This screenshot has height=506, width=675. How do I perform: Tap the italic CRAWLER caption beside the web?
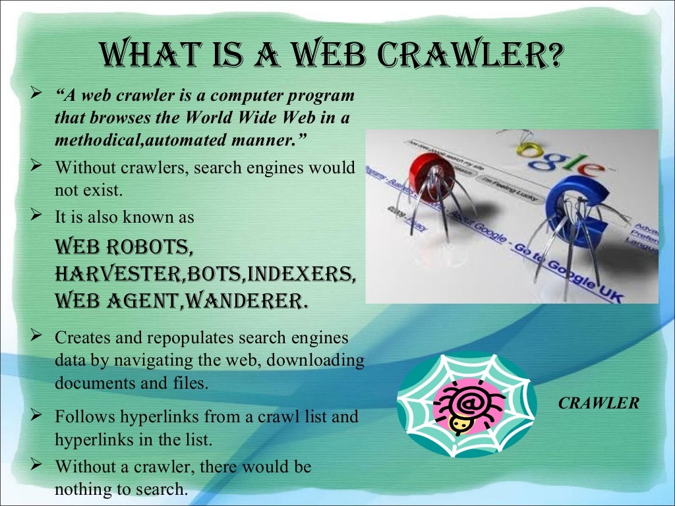point(599,403)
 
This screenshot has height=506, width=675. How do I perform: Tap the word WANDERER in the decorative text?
point(246,300)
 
